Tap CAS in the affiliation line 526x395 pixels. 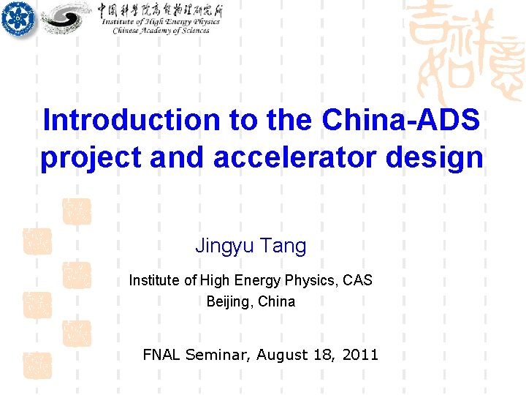(x=357, y=280)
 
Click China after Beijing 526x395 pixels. (x=277, y=301)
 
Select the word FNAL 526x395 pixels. (x=161, y=355)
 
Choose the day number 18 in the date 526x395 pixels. (x=325, y=355)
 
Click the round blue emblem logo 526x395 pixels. (x=18, y=18)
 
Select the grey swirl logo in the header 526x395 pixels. (x=66, y=18)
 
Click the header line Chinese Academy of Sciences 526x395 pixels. (x=161, y=31)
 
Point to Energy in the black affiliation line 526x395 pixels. (x=257, y=280)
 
